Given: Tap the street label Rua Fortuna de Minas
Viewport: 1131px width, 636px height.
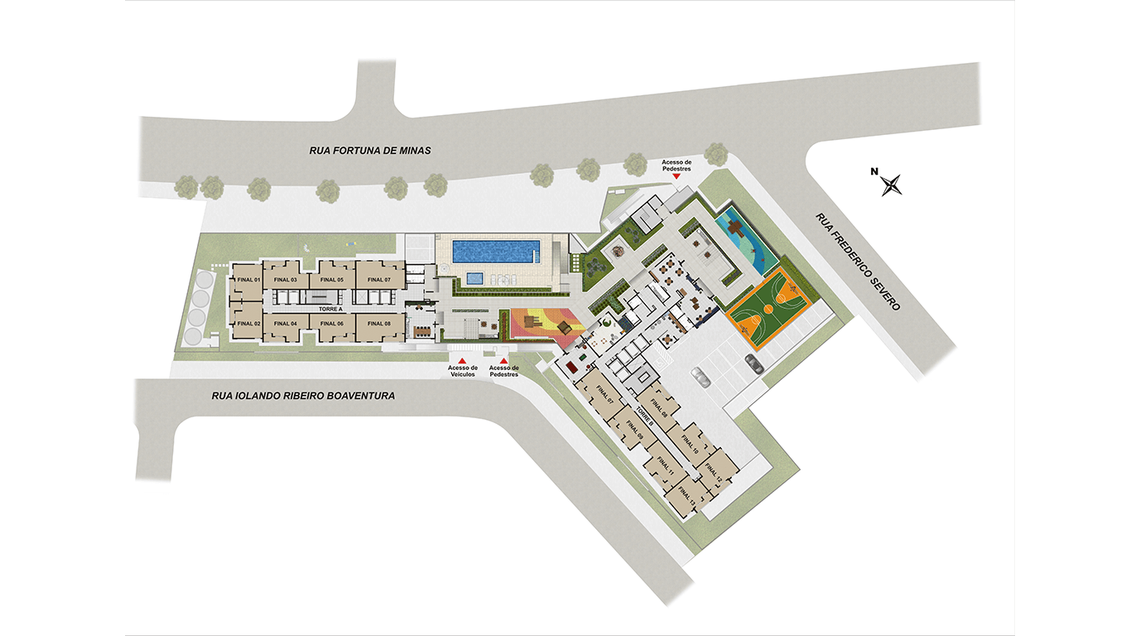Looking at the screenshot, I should click(x=371, y=151).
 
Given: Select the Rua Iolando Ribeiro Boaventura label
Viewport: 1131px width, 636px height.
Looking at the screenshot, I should click(x=303, y=396).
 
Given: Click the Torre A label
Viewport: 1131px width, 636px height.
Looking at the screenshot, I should click(x=316, y=308).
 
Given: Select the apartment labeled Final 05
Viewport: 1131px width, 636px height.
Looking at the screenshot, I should click(x=332, y=280).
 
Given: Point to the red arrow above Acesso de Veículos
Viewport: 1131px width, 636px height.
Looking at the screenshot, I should click(x=462, y=360).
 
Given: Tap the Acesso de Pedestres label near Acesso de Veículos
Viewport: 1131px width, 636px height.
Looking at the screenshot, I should click(x=503, y=371).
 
